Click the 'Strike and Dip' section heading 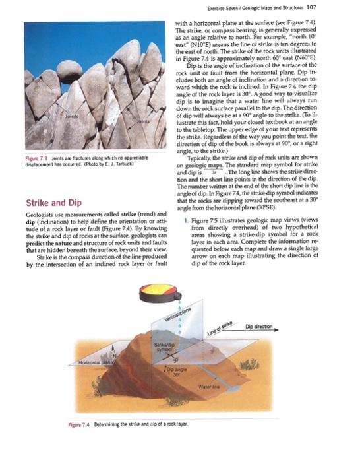(x=52, y=203)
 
